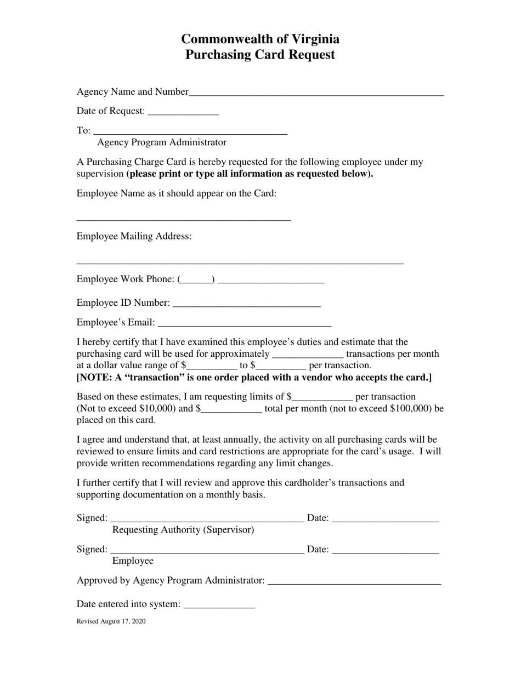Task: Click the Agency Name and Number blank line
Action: pyautogui.click(x=316, y=93)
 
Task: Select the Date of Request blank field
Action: pyautogui.click(x=183, y=112)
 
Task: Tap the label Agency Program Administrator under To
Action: pyautogui.click(x=161, y=142)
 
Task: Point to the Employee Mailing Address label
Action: pyautogui.click(x=134, y=236)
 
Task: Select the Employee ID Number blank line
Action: pyautogui.click(x=246, y=304)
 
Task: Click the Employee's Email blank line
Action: pyautogui.click(x=244, y=323)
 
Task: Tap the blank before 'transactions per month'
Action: pyautogui.click(x=307, y=355)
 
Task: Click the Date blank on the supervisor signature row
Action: pyautogui.click(x=385, y=519)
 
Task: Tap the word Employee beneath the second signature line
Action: pyautogui.click(x=133, y=561)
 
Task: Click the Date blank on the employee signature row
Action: pyautogui.click(x=385, y=550)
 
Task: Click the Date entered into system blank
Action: pyautogui.click(x=219, y=605)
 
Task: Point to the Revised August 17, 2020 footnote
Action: pyautogui.click(x=111, y=621)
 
